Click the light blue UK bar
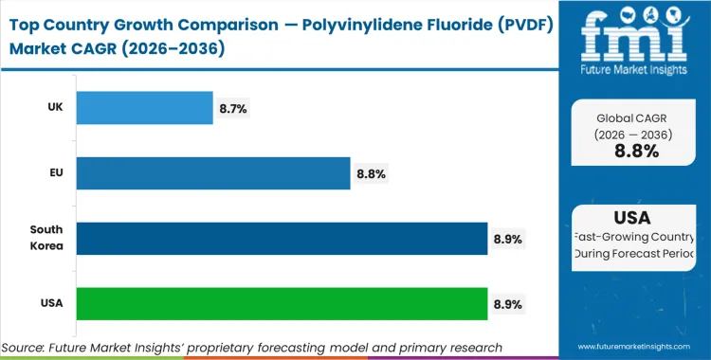144,108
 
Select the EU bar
213,173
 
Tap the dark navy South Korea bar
282,239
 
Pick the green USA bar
282,303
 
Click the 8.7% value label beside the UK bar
233,109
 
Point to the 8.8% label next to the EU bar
371,174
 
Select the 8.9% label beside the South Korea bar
508,240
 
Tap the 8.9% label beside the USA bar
508,304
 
